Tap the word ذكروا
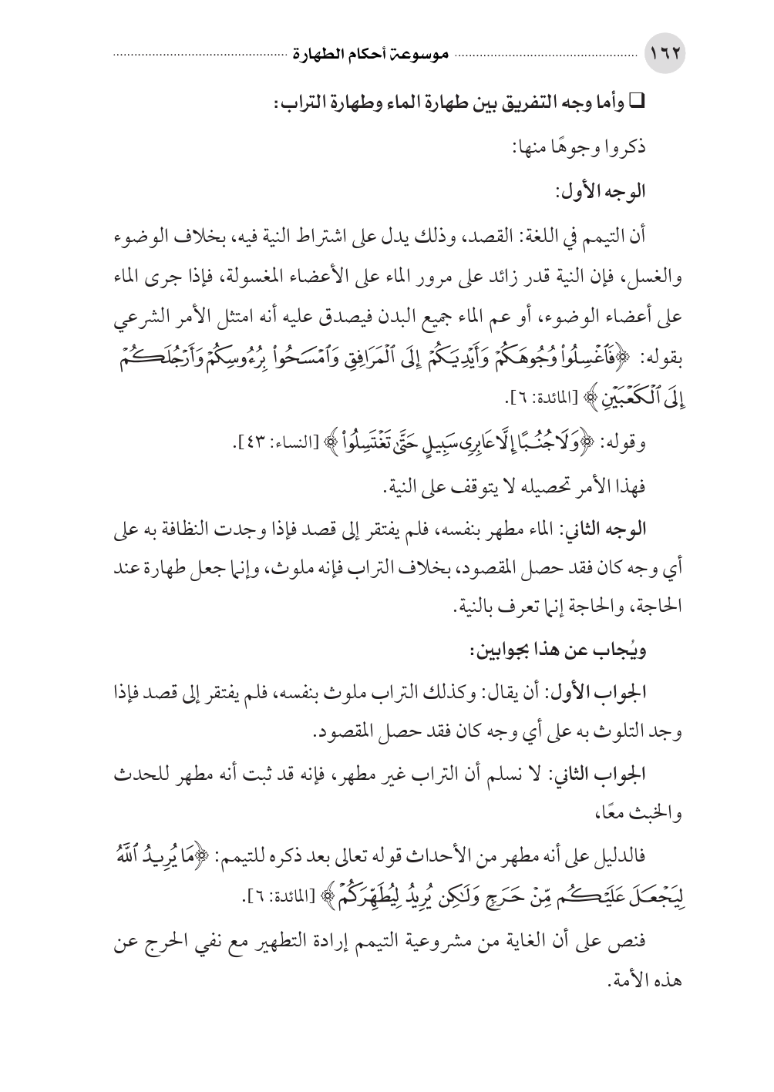click(625, 149)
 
